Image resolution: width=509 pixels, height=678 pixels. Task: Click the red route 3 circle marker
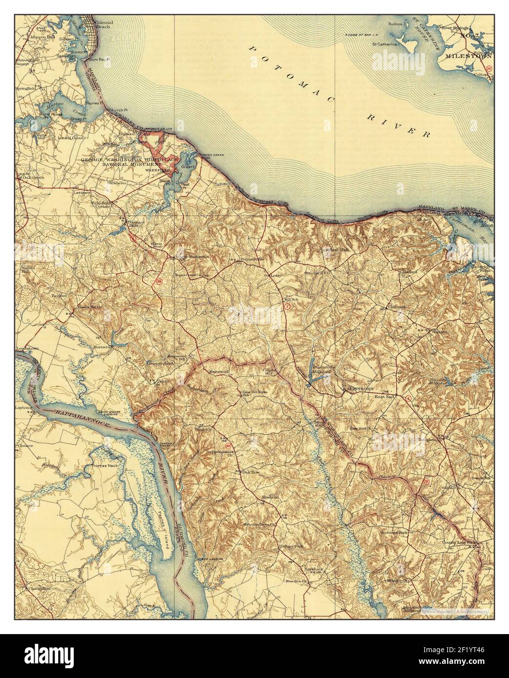288,306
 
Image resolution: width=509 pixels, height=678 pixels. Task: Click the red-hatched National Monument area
149,142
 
